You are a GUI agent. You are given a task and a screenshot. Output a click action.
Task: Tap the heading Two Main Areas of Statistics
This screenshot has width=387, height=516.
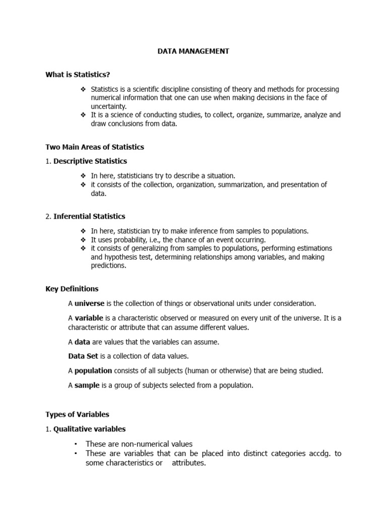(x=95, y=147)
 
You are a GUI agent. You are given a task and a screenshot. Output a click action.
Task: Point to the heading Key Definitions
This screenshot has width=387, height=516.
(x=72, y=289)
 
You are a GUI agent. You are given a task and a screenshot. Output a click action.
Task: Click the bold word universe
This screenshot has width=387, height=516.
(x=90, y=303)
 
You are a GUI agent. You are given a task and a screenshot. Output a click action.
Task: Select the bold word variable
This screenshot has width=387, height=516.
(x=89, y=318)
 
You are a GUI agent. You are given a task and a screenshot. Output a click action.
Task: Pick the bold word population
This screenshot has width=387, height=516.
(x=93, y=370)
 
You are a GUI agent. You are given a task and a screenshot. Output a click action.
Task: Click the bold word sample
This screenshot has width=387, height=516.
(x=87, y=385)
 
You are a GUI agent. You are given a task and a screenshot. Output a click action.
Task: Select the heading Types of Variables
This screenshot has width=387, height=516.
(x=77, y=414)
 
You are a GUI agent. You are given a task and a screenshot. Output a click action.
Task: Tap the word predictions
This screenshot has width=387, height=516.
(x=109, y=266)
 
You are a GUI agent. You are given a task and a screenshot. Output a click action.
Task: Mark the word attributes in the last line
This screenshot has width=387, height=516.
(x=189, y=463)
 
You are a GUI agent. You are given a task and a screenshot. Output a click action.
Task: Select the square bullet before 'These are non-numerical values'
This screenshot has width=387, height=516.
(x=75, y=444)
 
